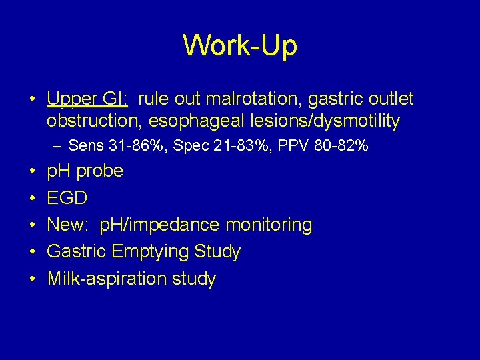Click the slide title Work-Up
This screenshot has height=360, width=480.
coord(240,45)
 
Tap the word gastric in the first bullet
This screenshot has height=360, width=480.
coord(327,99)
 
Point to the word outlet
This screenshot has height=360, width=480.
coord(391,99)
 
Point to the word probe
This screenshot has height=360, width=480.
coord(100,171)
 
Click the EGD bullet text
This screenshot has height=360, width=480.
coord(67,198)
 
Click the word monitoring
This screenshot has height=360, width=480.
coord(269,225)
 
